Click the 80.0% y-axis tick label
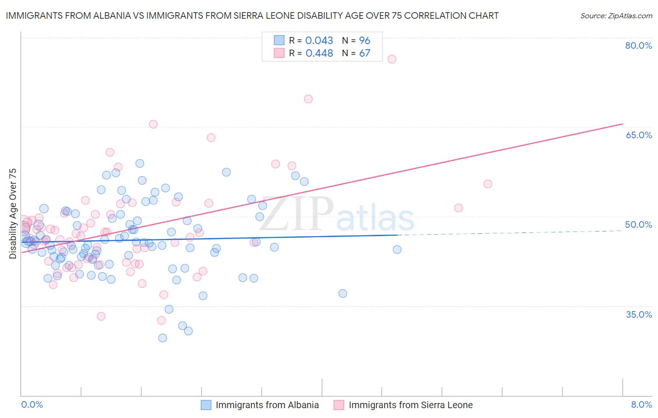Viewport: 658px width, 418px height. [638, 45]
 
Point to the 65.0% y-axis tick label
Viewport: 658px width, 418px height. [638, 135]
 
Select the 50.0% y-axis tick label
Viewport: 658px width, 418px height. [638, 224]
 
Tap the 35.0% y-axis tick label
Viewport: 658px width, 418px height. [639, 314]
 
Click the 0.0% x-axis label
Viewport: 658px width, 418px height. [32, 404]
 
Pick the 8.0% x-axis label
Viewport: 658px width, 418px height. [641, 404]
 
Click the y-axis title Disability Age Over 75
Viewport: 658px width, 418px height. [13, 214]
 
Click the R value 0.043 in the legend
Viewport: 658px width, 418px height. [319, 41]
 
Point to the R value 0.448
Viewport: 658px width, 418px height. [319, 53]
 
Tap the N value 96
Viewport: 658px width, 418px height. [365, 41]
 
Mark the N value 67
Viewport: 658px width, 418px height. [365, 53]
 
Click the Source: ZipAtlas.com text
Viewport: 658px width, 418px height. [616, 16]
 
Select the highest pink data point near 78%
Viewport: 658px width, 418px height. [392, 59]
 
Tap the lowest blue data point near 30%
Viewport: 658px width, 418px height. [162, 338]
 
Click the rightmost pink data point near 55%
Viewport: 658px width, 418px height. [488, 184]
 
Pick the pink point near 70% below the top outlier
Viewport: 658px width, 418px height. [308, 99]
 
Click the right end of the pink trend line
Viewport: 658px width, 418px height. [622, 124]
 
